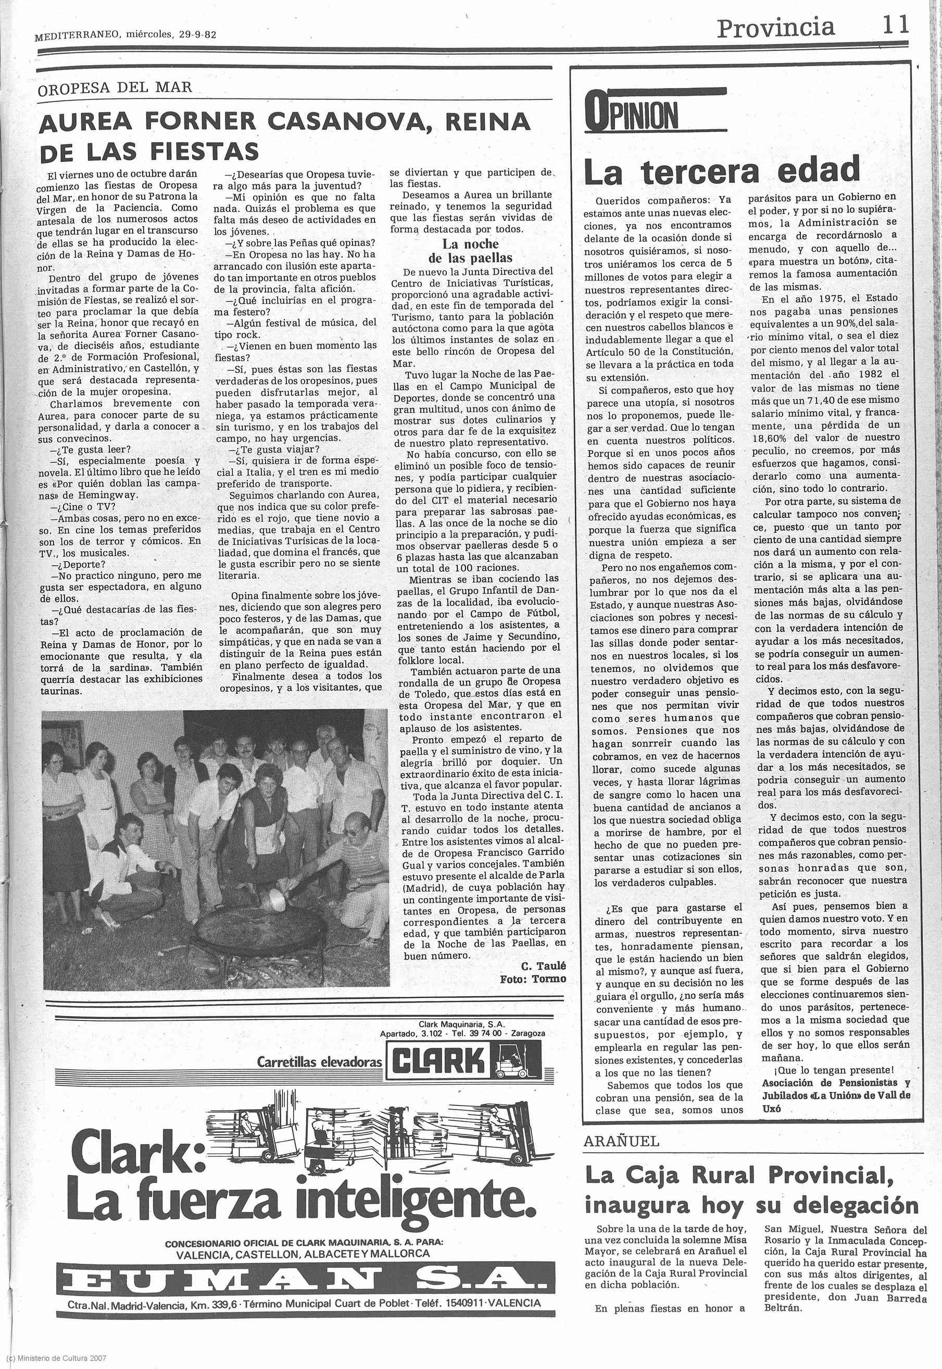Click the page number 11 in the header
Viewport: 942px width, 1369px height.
tap(895, 27)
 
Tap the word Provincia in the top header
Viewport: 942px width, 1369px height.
tap(775, 28)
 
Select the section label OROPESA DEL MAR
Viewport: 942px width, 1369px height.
tap(115, 88)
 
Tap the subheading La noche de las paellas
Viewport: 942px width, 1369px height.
tap(470, 251)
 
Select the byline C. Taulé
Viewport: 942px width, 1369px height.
tap(543, 966)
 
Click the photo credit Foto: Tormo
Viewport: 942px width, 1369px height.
tap(532, 979)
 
